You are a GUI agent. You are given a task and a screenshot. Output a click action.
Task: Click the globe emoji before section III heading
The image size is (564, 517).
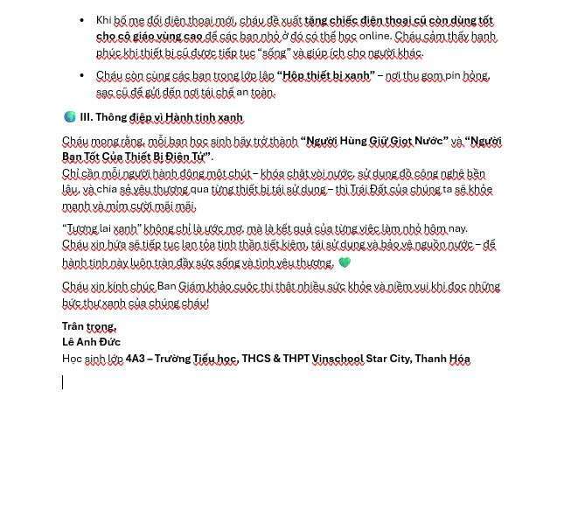click(69, 117)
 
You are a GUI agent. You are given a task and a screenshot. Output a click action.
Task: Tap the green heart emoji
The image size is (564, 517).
click(345, 262)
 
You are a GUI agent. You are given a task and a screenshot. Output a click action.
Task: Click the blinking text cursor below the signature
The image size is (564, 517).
click(62, 382)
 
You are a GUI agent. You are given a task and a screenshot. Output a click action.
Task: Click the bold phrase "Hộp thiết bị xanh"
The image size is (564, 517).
click(325, 75)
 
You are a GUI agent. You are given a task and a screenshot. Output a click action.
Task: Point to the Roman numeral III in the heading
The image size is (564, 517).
click(86, 117)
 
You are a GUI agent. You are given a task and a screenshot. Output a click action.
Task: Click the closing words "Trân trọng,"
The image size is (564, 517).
click(88, 326)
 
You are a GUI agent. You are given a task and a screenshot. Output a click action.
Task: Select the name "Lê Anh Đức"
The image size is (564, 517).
click(91, 342)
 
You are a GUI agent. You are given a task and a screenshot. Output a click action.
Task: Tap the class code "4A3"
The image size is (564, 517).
click(136, 359)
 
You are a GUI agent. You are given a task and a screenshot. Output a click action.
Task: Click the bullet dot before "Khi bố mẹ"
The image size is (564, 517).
click(82, 20)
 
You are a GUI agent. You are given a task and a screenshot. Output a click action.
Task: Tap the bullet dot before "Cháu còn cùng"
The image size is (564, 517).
click(82, 75)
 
